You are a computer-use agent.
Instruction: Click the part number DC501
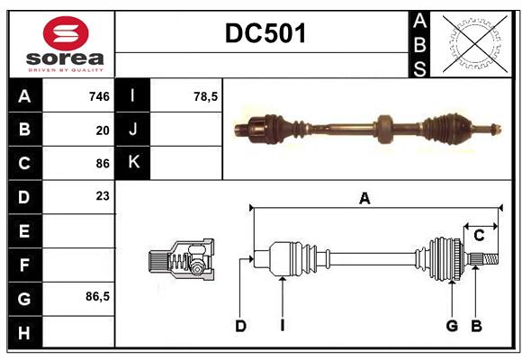[265, 33]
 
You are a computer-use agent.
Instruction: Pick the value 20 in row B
[103, 130]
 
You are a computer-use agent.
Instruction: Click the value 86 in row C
[103, 164]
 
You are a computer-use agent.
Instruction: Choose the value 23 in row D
[103, 195]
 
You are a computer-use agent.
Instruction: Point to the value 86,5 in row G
[97, 296]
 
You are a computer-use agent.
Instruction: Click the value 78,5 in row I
[206, 96]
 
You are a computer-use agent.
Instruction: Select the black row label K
[133, 163]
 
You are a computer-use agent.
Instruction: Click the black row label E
[24, 230]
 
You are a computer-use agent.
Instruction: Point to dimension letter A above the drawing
[364, 199]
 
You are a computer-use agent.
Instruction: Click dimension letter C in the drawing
[479, 236]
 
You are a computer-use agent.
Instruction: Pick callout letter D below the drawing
[240, 326]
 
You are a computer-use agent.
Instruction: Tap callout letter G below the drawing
[452, 326]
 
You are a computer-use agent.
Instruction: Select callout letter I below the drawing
[282, 326]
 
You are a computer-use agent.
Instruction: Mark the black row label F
[24, 265]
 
